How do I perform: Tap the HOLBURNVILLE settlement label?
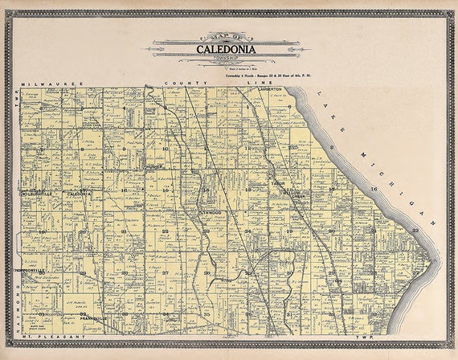click(37, 194)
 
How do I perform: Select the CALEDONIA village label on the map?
click(79, 194)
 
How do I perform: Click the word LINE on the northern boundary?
click(255, 83)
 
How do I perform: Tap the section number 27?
click(165, 272)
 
